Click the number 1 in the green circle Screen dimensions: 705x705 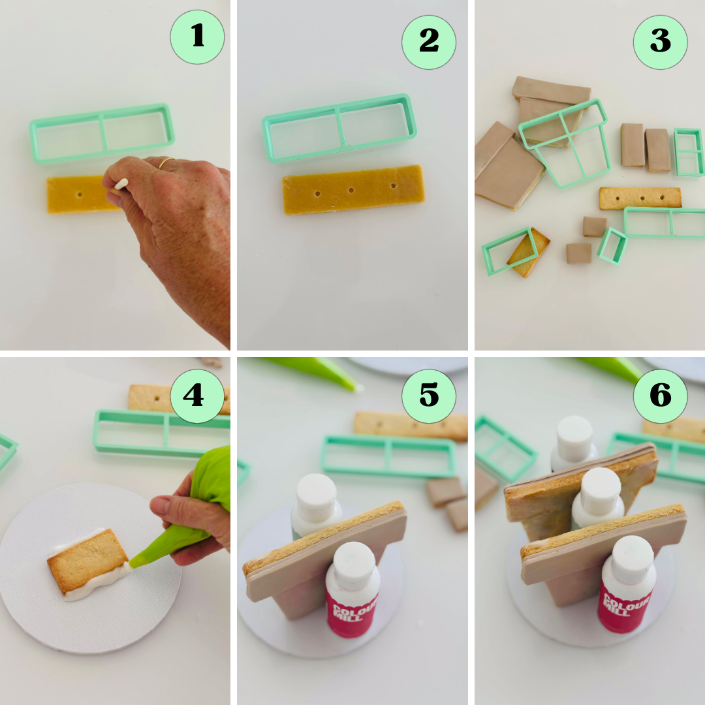(197, 37)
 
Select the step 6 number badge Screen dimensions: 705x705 (660, 396)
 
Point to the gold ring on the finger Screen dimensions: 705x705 (167, 162)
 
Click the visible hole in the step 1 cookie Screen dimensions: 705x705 (79, 195)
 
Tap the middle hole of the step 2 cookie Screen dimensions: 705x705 (351, 191)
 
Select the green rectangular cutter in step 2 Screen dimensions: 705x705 (339, 128)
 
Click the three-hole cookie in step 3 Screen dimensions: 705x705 (640, 198)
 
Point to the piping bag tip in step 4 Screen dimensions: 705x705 (134, 561)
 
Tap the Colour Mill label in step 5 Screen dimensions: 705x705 (352, 610)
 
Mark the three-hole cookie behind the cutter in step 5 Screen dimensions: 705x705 (411, 425)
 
